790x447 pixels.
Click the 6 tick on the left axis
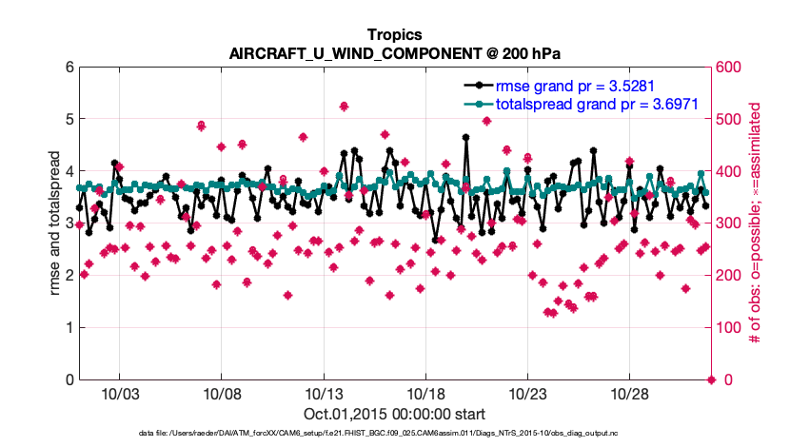[x=69, y=68]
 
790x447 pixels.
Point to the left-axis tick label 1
[x=69, y=328]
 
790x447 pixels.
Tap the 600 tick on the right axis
[x=728, y=68]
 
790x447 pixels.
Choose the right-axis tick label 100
[x=728, y=328]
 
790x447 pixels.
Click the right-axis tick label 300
[x=728, y=223]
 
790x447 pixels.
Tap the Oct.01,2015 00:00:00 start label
[x=395, y=414]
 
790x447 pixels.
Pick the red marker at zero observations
[x=711, y=380]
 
